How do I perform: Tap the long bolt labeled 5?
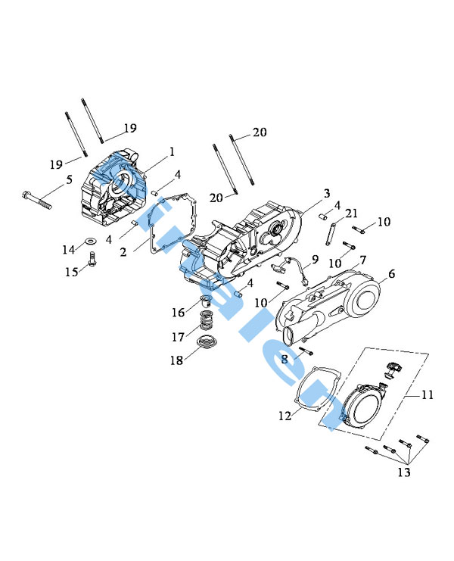tap(39, 198)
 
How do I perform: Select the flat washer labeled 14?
tap(89, 242)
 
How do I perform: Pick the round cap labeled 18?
tap(202, 348)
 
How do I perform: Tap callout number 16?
tap(178, 312)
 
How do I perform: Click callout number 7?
tap(363, 260)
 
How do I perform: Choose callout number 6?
tap(391, 273)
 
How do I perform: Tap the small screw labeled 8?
tap(304, 351)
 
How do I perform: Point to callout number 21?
tap(352, 214)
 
